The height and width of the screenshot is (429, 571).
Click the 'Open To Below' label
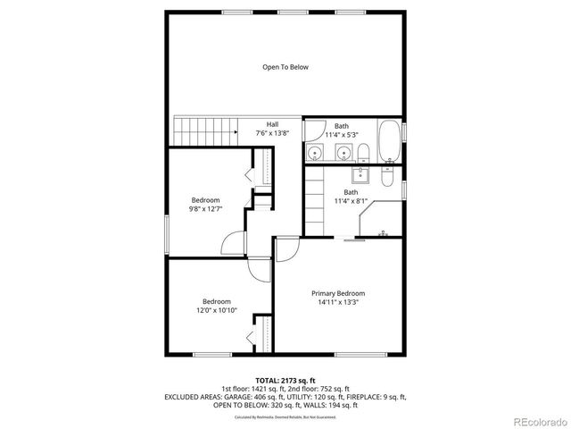coord(285,67)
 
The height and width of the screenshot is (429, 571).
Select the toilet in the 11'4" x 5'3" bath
coord(313,154)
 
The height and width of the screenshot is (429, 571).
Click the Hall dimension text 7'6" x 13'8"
coord(272,133)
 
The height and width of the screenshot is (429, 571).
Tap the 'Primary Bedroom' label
coord(337,293)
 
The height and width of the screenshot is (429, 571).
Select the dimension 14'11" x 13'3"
coord(337,302)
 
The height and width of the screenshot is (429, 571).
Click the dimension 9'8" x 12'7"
coord(205,208)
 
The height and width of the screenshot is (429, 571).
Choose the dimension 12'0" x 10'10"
coord(216,310)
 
